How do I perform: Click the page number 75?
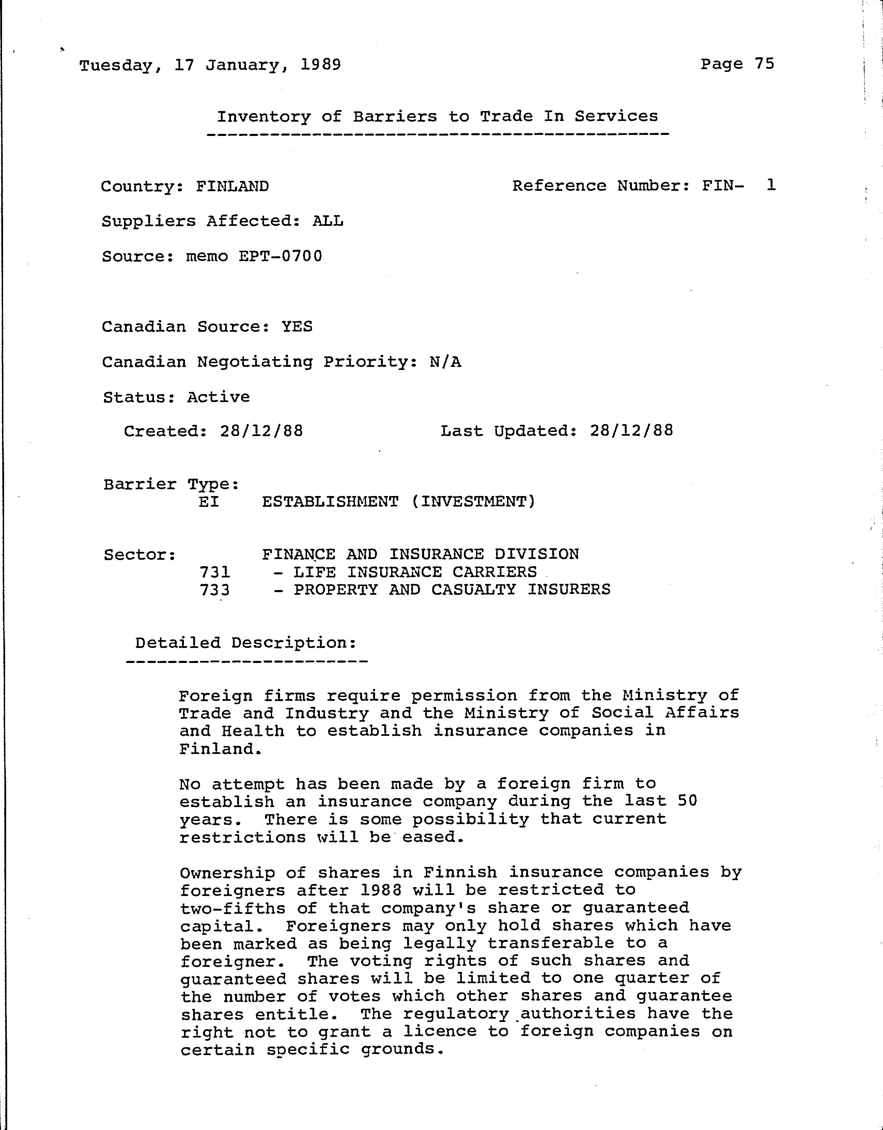coord(764,64)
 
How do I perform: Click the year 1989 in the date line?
coord(320,65)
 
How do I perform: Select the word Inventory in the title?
coord(263,117)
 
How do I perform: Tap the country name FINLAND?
coord(232,186)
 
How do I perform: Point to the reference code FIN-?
coord(723,185)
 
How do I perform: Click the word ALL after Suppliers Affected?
coord(327,221)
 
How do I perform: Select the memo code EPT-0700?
coord(280,256)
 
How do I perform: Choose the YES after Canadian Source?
coord(297,326)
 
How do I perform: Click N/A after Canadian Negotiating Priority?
coord(445,362)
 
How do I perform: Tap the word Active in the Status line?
coord(218,397)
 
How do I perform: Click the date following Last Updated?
coord(631,431)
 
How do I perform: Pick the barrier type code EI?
coord(209,501)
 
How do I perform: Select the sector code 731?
coord(215,572)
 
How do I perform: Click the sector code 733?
coord(215,590)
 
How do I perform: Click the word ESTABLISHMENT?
coord(330,501)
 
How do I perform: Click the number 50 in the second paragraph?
coord(687,801)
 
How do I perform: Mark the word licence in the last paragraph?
coord(440,1031)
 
